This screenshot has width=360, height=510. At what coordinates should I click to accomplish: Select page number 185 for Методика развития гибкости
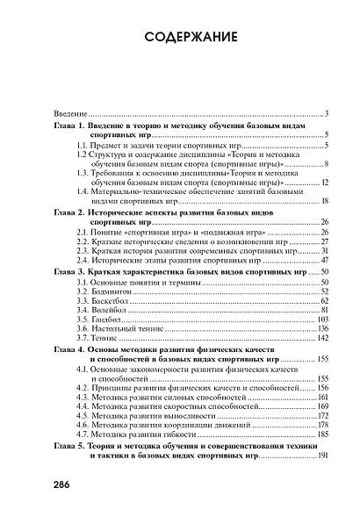[321, 434]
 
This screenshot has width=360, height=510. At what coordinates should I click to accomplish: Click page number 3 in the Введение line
[326, 114]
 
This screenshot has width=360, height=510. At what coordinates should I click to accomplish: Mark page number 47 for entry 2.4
[324, 260]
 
